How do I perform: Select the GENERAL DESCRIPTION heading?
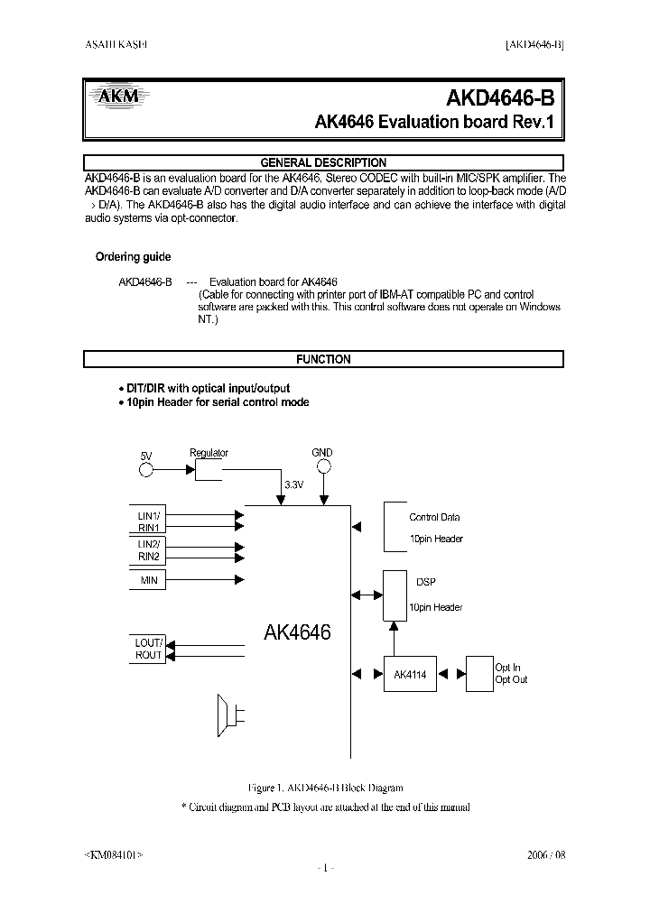coord(323,162)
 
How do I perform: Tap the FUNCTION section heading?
coord(323,359)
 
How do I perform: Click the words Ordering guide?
coord(133,257)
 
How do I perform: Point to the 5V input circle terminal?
coord(146,469)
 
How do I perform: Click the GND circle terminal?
coord(322,466)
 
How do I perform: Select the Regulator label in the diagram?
coord(209,453)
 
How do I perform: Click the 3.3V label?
coord(294,484)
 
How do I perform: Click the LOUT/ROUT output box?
coord(149,649)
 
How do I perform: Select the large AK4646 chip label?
coord(297,632)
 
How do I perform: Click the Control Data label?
coord(434,517)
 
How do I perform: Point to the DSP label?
coord(425,582)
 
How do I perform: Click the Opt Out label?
coord(511,679)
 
